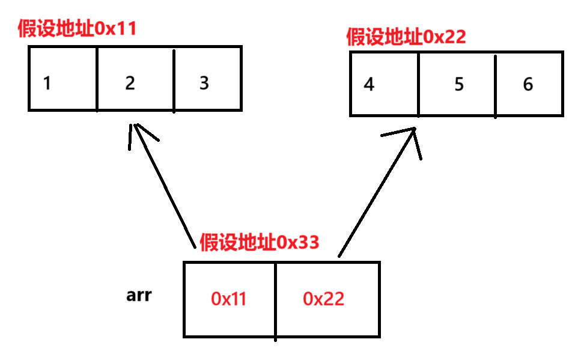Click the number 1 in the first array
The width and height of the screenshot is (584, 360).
[x=47, y=83]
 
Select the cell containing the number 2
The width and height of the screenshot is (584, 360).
[x=130, y=83]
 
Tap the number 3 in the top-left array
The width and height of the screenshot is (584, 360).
[x=204, y=82]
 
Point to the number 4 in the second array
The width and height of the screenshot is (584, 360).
[x=369, y=85]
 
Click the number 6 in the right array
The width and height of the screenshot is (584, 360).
[x=528, y=84]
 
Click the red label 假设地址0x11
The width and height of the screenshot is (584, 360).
[x=78, y=29]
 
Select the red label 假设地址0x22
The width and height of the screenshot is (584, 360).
[x=406, y=37]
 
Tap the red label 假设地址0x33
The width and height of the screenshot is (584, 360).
[x=259, y=242]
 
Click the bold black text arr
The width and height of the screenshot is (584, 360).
[x=139, y=296]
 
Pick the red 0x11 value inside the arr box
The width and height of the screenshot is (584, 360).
[x=229, y=299]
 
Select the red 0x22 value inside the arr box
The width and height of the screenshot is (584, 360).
[x=323, y=299]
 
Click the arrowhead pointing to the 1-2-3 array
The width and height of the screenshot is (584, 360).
[x=135, y=129]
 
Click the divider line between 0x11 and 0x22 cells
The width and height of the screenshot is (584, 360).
[x=276, y=301]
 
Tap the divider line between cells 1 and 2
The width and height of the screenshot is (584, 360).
[x=97, y=79]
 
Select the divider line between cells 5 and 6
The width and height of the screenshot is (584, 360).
[x=496, y=84]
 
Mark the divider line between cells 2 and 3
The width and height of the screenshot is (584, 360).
[x=174, y=81]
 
